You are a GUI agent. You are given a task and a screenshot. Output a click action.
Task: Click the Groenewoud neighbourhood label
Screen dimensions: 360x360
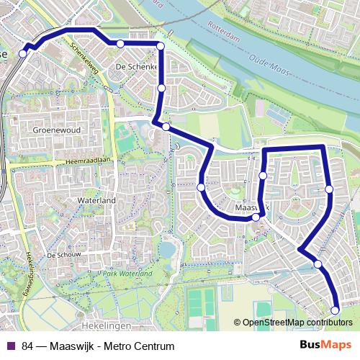[x=55, y=130]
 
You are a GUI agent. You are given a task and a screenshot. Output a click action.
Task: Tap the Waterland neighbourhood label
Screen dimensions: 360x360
[x=100, y=200]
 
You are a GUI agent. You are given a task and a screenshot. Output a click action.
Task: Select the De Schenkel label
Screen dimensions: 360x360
[x=132, y=67]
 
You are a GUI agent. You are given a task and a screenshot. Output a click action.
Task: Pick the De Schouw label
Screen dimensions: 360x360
[x=62, y=256]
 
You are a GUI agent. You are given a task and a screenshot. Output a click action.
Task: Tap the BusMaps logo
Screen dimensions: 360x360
[x=326, y=346]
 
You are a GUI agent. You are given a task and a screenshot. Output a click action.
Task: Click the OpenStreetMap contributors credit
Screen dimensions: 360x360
[x=296, y=323]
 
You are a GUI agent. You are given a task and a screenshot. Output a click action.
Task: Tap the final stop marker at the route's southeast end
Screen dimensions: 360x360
[x=335, y=310]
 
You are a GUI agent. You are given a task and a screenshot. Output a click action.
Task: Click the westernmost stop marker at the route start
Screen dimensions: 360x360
[x=24, y=53]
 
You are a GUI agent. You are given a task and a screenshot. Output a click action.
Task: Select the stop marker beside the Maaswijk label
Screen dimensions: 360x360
[x=256, y=217]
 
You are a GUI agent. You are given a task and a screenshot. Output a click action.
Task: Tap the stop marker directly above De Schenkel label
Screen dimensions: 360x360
[x=120, y=44]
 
